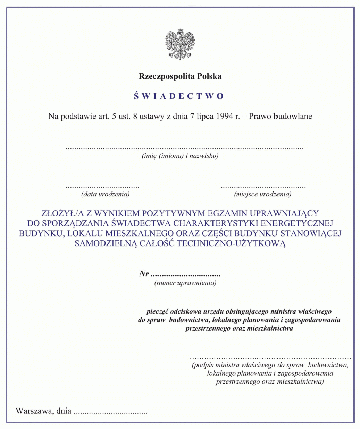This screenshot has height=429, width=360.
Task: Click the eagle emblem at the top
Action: [x=180, y=44]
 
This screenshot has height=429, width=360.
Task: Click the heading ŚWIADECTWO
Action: [x=179, y=96]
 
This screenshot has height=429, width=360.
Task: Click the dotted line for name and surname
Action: [x=184, y=148]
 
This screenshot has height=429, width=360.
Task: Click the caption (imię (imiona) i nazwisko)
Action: [x=180, y=156]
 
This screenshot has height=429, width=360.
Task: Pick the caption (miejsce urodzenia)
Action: [x=263, y=194]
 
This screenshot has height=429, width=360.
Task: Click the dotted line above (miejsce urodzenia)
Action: [x=263, y=187]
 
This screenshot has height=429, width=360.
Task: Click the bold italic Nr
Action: [x=144, y=274]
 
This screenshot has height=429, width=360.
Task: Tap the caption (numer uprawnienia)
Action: [x=185, y=283]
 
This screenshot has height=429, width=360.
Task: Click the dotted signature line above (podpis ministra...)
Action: [x=270, y=357]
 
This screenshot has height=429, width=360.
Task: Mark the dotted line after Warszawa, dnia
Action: [x=111, y=413]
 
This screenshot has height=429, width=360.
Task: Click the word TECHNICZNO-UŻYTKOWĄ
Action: [x=231, y=243]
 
